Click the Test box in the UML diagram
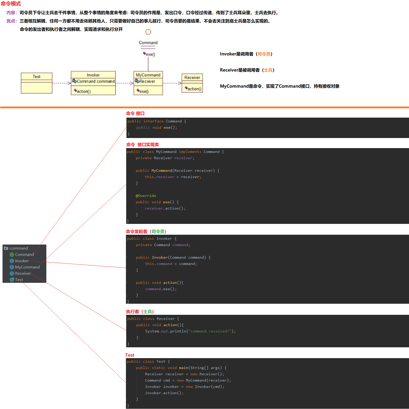[x=37, y=83]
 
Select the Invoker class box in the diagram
[x=93, y=83]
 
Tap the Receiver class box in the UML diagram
[x=192, y=83]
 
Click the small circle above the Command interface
[x=148, y=32]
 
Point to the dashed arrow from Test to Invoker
[x=61, y=83]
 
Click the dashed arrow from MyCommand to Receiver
[x=172, y=83]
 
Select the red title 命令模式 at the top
[x=11, y=4]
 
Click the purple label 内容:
[x=12, y=13]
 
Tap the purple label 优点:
[x=12, y=21]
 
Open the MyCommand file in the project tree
[x=27, y=267]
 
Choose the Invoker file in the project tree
[x=22, y=261]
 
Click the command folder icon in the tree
[x=6, y=248]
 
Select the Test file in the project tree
[x=19, y=280]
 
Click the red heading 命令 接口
[x=135, y=114]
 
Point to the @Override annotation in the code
[x=146, y=196]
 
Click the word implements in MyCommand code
[x=190, y=152]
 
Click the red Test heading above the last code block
[x=130, y=355]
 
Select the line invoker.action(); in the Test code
[x=164, y=393]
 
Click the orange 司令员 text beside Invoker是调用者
[x=264, y=54]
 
